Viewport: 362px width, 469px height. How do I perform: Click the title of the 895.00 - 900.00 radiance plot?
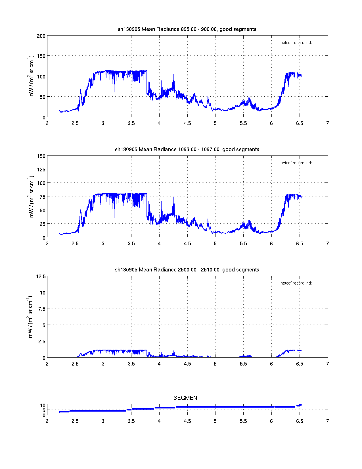[187, 29]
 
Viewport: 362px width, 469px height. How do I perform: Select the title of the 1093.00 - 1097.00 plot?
[187, 150]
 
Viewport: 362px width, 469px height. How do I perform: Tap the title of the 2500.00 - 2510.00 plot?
[187, 270]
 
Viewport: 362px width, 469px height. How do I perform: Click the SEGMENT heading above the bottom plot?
[187, 398]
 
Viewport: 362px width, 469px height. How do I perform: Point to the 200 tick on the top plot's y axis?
[41, 36]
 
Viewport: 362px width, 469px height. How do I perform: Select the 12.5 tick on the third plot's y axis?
[41, 277]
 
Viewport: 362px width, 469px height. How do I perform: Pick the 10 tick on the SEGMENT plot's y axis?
[43, 406]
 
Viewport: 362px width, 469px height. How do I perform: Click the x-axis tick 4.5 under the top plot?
[187, 123]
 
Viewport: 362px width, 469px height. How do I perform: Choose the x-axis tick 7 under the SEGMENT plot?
[327, 421]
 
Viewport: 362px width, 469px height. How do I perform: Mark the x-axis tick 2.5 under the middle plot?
[75, 244]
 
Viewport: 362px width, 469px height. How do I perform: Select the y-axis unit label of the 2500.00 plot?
[30, 317]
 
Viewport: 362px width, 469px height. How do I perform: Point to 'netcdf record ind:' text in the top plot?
[296, 43]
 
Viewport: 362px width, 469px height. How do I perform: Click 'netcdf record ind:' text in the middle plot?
[296, 163]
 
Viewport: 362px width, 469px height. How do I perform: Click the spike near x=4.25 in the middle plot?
[174, 197]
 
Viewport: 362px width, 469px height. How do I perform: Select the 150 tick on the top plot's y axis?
[41, 56]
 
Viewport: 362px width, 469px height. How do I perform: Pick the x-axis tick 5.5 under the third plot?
[243, 364]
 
